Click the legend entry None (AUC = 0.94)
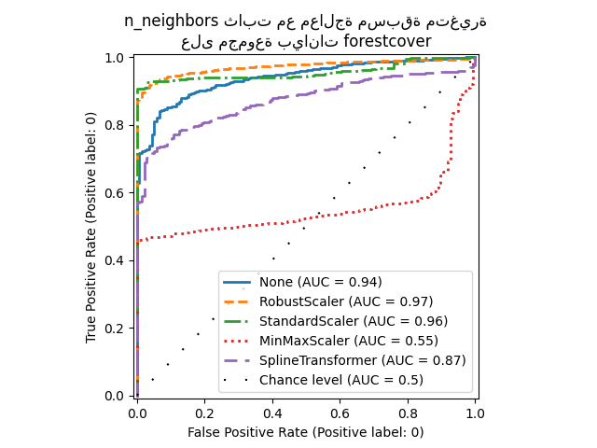click(320, 282)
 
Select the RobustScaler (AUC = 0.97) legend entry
click(346, 301)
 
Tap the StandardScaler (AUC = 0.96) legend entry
click(351, 321)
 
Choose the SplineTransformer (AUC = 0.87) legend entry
click(362, 360)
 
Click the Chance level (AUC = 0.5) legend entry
click(340, 380)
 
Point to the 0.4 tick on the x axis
click(272, 411)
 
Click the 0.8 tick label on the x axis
click(408, 411)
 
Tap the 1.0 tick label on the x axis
click(475, 411)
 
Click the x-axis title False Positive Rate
click(305, 432)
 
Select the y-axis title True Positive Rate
click(92, 227)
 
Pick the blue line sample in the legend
click(239, 282)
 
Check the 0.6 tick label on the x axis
click(340, 411)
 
